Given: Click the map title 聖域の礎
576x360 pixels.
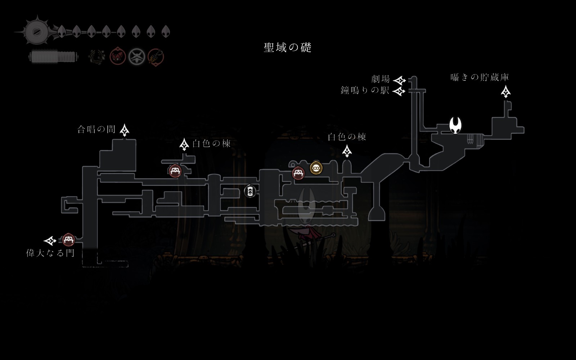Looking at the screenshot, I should pos(287,48).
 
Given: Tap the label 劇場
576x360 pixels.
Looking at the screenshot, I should pos(381,79).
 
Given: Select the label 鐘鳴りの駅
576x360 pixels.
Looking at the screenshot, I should pos(365,90).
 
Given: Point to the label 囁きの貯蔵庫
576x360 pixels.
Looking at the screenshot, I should pos(480,77).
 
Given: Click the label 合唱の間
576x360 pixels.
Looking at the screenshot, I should pos(96,129).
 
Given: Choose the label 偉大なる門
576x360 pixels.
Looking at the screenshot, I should pos(50,253).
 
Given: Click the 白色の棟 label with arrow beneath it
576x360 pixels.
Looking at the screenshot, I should pos(347,137).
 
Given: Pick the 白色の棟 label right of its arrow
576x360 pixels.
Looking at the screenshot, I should pos(211,144).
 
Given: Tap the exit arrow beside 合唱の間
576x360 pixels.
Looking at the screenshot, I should pos(125,130).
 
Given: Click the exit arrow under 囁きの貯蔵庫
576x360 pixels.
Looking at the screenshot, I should pos(506,92).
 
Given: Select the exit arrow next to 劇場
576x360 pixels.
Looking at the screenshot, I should pos(400,80).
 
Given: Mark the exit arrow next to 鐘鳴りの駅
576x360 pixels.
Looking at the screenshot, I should pos(399,91).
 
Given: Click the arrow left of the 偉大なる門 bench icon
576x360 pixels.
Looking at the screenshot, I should pos(50,241).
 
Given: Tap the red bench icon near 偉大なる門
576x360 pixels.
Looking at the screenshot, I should pos(68,240).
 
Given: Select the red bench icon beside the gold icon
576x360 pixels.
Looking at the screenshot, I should pos(298,173).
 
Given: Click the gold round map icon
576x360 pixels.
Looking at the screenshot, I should pos(316,168).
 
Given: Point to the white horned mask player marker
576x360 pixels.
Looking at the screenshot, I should pos(455,125).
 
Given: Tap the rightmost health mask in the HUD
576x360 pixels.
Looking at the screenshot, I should pos(166,32).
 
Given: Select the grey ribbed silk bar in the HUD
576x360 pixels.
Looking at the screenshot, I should pos(53,57).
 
